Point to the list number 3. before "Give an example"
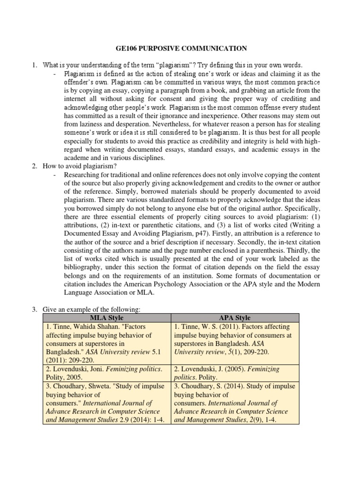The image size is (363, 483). tap(35, 309)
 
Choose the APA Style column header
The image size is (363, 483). tap(235, 317)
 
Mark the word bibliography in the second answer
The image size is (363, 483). tap(86, 267)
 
